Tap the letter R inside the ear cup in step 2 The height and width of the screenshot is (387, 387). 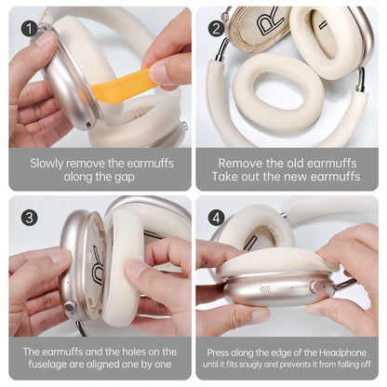click(x=271, y=25)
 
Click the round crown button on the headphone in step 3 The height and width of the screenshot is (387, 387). click(x=68, y=305)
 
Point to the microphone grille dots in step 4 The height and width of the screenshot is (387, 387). click(x=266, y=289)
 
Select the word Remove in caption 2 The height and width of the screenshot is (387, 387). click(x=239, y=161)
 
